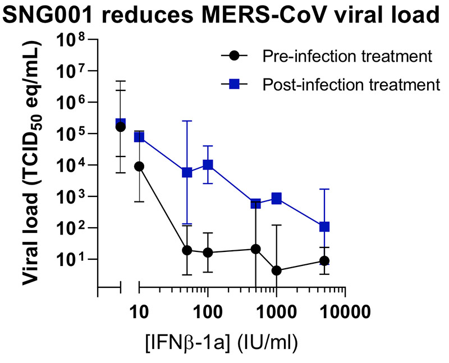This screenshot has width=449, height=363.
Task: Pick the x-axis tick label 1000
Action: (x=276, y=309)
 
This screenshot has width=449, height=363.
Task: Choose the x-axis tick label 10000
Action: (x=344, y=309)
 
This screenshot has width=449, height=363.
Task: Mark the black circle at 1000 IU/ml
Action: (x=276, y=270)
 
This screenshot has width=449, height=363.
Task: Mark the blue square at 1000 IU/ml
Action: (x=276, y=198)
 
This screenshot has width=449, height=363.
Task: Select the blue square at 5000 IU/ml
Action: (x=324, y=227)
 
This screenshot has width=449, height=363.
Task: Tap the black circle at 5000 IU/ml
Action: (x=324, y=261)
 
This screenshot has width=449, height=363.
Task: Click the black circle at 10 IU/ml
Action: (x=139, y=166)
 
